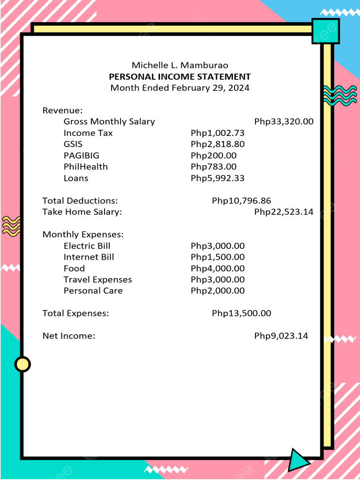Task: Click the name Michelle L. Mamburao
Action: tap(180, 65)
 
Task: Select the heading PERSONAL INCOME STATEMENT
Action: tap(180, 76)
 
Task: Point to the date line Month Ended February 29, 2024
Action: tap(180, 88)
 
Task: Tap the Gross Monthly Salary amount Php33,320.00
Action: tap(284, 121)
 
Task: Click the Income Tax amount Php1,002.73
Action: tap(217, 133)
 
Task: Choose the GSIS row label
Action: tap(73, 144)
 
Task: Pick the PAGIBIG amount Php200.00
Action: tap(214, 155)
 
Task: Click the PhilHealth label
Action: tap(86, 166)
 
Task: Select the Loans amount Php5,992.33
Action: tap(217, 178)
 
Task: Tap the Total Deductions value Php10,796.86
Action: tap(241, 201)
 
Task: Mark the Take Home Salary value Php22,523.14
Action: tap(284, 212)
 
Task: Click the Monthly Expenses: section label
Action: tap(83, 234)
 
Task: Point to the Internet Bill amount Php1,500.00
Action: tap(217, 257)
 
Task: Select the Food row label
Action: tap(74, 268)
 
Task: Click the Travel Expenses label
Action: tap(98, 279)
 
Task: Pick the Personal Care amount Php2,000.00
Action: tap(217, 291)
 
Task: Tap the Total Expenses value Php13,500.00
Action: tap(241, 313)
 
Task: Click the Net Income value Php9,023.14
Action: tap(281, 336)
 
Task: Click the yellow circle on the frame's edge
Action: tap(22, 364)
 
